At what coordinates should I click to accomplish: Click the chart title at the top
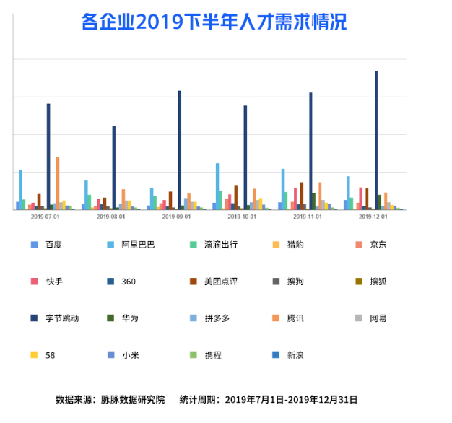(x=214, y=22)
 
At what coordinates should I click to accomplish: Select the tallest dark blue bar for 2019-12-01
(x=376, y=141)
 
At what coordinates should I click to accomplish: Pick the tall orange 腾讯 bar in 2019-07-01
(x=58, y=183)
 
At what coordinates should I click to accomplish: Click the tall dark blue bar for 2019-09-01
(x=179, y=150)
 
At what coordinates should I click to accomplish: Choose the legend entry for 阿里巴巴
(x=138, y=244)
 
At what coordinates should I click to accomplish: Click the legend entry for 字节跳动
(x=61, y=318)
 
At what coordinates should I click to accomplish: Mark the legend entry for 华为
(x=130, y=318)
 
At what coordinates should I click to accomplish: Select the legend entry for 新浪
(x=295, y=354)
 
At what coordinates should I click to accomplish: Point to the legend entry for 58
(x=50, y=354)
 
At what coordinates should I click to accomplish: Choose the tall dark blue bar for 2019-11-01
(x=310, y=152)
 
